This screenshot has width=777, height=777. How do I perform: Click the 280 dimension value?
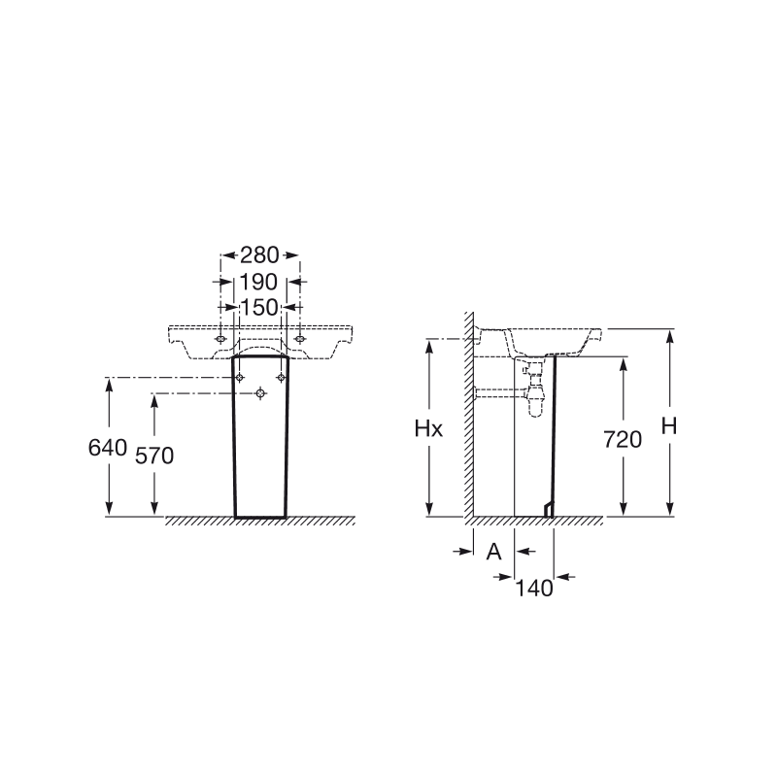(259, 255)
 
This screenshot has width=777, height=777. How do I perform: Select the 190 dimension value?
(258, 282)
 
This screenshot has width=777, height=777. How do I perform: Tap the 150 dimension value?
(259, 307)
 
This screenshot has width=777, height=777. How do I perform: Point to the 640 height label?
(108, 448)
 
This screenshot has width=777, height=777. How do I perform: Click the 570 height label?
(154, 456)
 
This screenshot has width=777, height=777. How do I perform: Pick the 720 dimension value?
(623, 440)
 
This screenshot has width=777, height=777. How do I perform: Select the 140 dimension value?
(534, 589)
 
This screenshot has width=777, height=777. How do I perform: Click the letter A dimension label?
(493, 551)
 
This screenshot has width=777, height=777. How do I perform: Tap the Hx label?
(428, 429)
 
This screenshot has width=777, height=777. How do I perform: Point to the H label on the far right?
(669, 426)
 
